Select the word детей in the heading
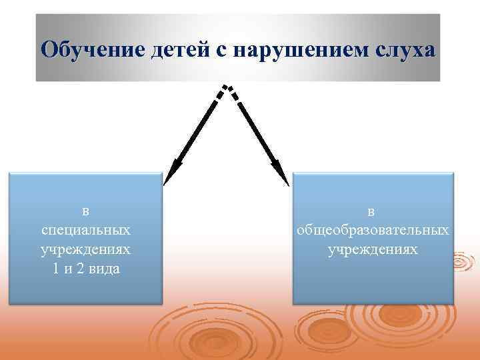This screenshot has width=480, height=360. click(x=172, y=50)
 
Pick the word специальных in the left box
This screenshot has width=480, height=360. click(x=85, y=230)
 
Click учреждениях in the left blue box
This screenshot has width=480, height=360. click(x=85, y=249)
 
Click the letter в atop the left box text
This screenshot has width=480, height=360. click(x=85, y=212)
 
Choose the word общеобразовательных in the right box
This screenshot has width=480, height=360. click(x=373, y=230)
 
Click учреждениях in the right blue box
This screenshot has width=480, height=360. click(x=373, y=249)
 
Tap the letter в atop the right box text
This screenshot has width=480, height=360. click(x=373, y=212)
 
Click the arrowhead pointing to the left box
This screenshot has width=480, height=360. click(x=171, y=174)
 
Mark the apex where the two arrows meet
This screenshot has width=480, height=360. click(x=227, y=87)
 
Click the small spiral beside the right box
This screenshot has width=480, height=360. click(x=462, y=262)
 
